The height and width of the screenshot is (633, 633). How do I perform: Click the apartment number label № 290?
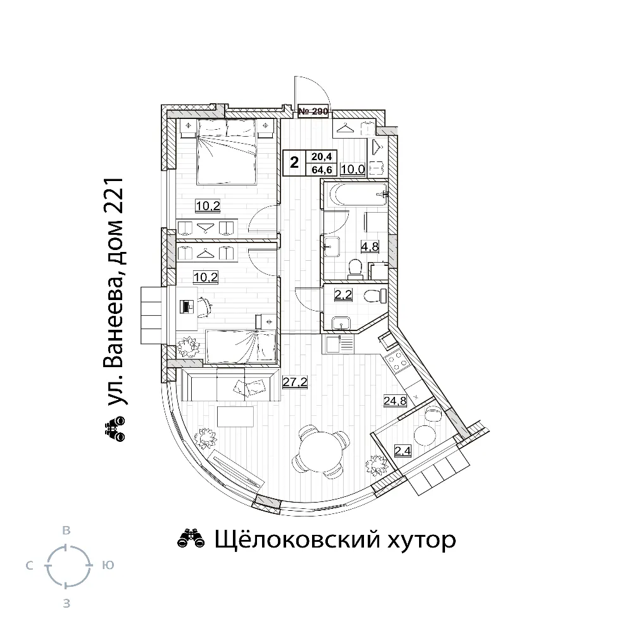(313, 111)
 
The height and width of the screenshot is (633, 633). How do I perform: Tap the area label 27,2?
(295, 382)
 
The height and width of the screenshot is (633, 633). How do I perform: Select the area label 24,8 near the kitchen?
(395, 401)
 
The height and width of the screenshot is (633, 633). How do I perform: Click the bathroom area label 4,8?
(370, 247)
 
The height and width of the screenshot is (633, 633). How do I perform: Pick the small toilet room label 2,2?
(343, 295)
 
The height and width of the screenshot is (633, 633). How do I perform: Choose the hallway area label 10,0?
(353, 169)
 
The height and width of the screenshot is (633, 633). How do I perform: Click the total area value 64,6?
(322, 170)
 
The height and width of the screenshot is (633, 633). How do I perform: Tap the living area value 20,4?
(322, 156)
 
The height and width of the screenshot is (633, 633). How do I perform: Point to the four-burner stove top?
(397, 361)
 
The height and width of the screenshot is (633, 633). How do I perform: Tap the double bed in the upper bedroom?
(227, 151)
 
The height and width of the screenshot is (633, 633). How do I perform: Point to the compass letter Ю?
(108, 565)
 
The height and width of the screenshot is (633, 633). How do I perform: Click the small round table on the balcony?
(425, 436)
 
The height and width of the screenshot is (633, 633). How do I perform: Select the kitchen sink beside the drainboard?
(333, 344)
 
